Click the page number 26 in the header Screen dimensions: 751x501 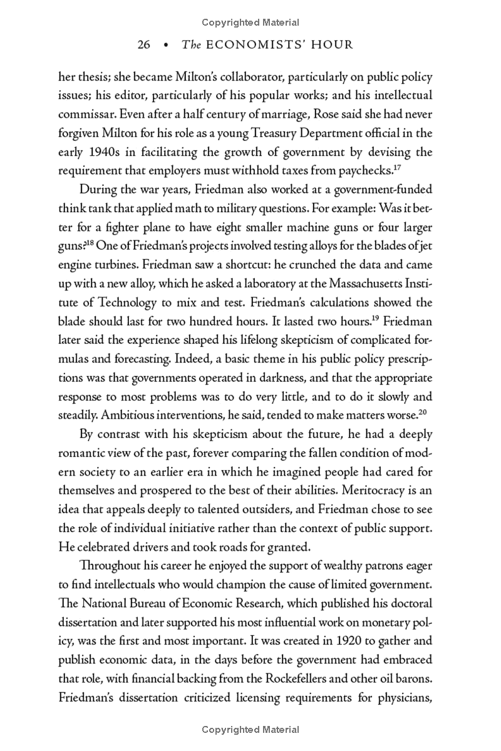(144, 45)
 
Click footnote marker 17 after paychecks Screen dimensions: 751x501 (397, 166)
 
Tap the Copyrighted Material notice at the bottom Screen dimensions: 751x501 (250, 730)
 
